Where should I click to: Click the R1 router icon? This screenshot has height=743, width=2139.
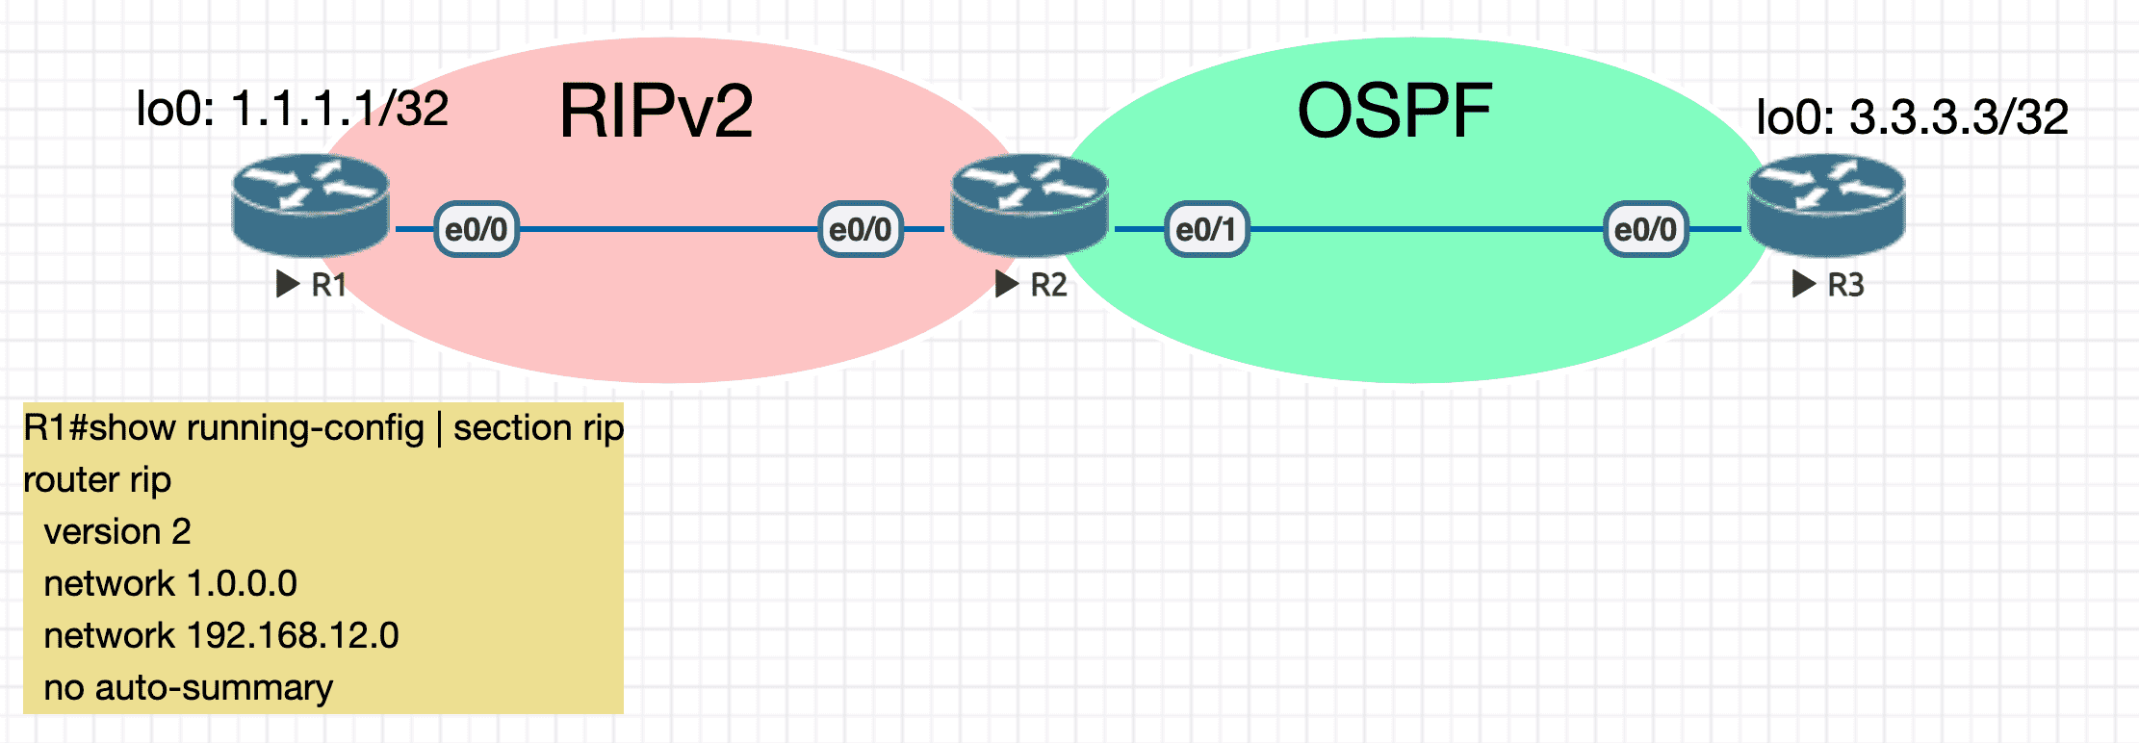pos(310,205)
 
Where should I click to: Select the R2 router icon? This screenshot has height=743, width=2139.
pos(1029,205)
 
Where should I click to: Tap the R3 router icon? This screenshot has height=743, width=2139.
pos(1826,205)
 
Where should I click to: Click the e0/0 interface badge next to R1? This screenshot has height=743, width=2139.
pos(477,229)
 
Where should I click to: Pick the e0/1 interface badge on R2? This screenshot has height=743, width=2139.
pos(1206,229)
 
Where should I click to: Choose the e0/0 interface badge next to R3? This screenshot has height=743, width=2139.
pos(1645,229)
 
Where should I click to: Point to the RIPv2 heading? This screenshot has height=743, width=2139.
pos(656,112)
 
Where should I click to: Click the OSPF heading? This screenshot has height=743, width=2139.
pos(1395,112)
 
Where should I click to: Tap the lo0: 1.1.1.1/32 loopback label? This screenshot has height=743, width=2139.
pos(293,109)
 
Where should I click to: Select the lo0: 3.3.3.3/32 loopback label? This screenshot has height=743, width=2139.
pos(1912,117)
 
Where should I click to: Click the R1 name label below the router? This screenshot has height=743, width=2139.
pos(328,285)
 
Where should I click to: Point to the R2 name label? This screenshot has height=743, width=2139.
pos(1048,285)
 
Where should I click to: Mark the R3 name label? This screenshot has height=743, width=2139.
pos(1845,285)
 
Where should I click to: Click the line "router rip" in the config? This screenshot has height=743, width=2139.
pos(97,479)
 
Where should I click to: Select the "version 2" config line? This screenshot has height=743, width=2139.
pos(117,531)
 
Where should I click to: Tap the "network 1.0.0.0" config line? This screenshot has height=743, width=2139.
pos(170,583)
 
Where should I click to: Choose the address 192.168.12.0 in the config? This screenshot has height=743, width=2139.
pos(293,635)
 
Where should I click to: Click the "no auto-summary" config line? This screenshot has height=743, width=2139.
pos(189,687)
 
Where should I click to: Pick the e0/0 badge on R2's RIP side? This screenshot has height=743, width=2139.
pos(861,229)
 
